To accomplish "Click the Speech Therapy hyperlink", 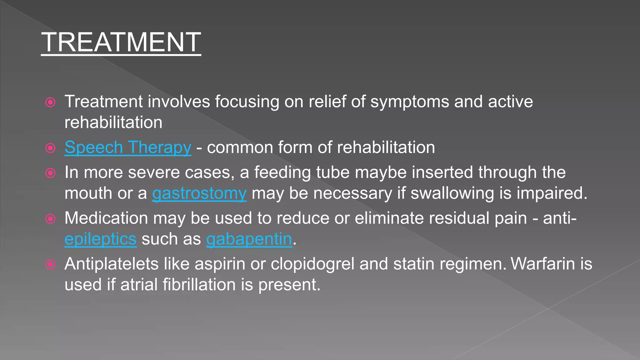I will coord(128,147).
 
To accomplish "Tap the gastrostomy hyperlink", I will coord(199,193).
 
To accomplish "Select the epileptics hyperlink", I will coord(100,239).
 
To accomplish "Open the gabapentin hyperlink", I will coord(249,239).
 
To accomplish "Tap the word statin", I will coord(414,264).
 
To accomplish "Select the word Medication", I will coord(106,218).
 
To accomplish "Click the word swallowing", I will coord(452,193).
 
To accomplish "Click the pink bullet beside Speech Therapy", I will coord(50,148).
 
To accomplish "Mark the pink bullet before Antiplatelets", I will coord(50,265).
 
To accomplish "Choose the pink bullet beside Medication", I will coord(50,219).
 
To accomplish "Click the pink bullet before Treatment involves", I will coord(50,102).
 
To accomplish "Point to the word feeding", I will coord(282,172).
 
